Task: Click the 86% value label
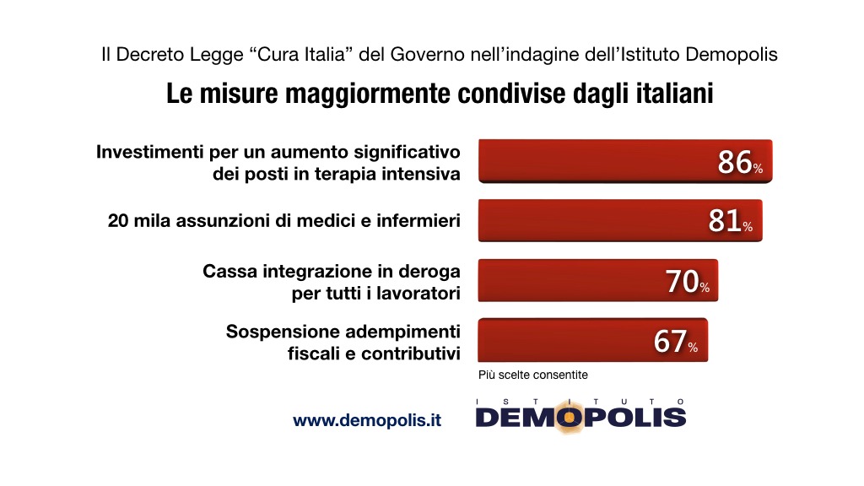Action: tap(740, 162)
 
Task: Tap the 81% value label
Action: tap(730, 222)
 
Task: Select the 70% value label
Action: tap(687, 283)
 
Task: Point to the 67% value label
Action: tap(675, 342)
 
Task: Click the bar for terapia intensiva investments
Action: tap(591, 160)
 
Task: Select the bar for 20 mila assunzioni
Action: tap(582, 221)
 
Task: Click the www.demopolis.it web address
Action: tap(367, 419)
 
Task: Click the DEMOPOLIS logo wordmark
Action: tap(580, 417)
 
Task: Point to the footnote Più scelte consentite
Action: tap(533, 375)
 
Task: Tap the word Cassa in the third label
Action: tap(227, 273)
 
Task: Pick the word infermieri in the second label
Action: tap(422, 222)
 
